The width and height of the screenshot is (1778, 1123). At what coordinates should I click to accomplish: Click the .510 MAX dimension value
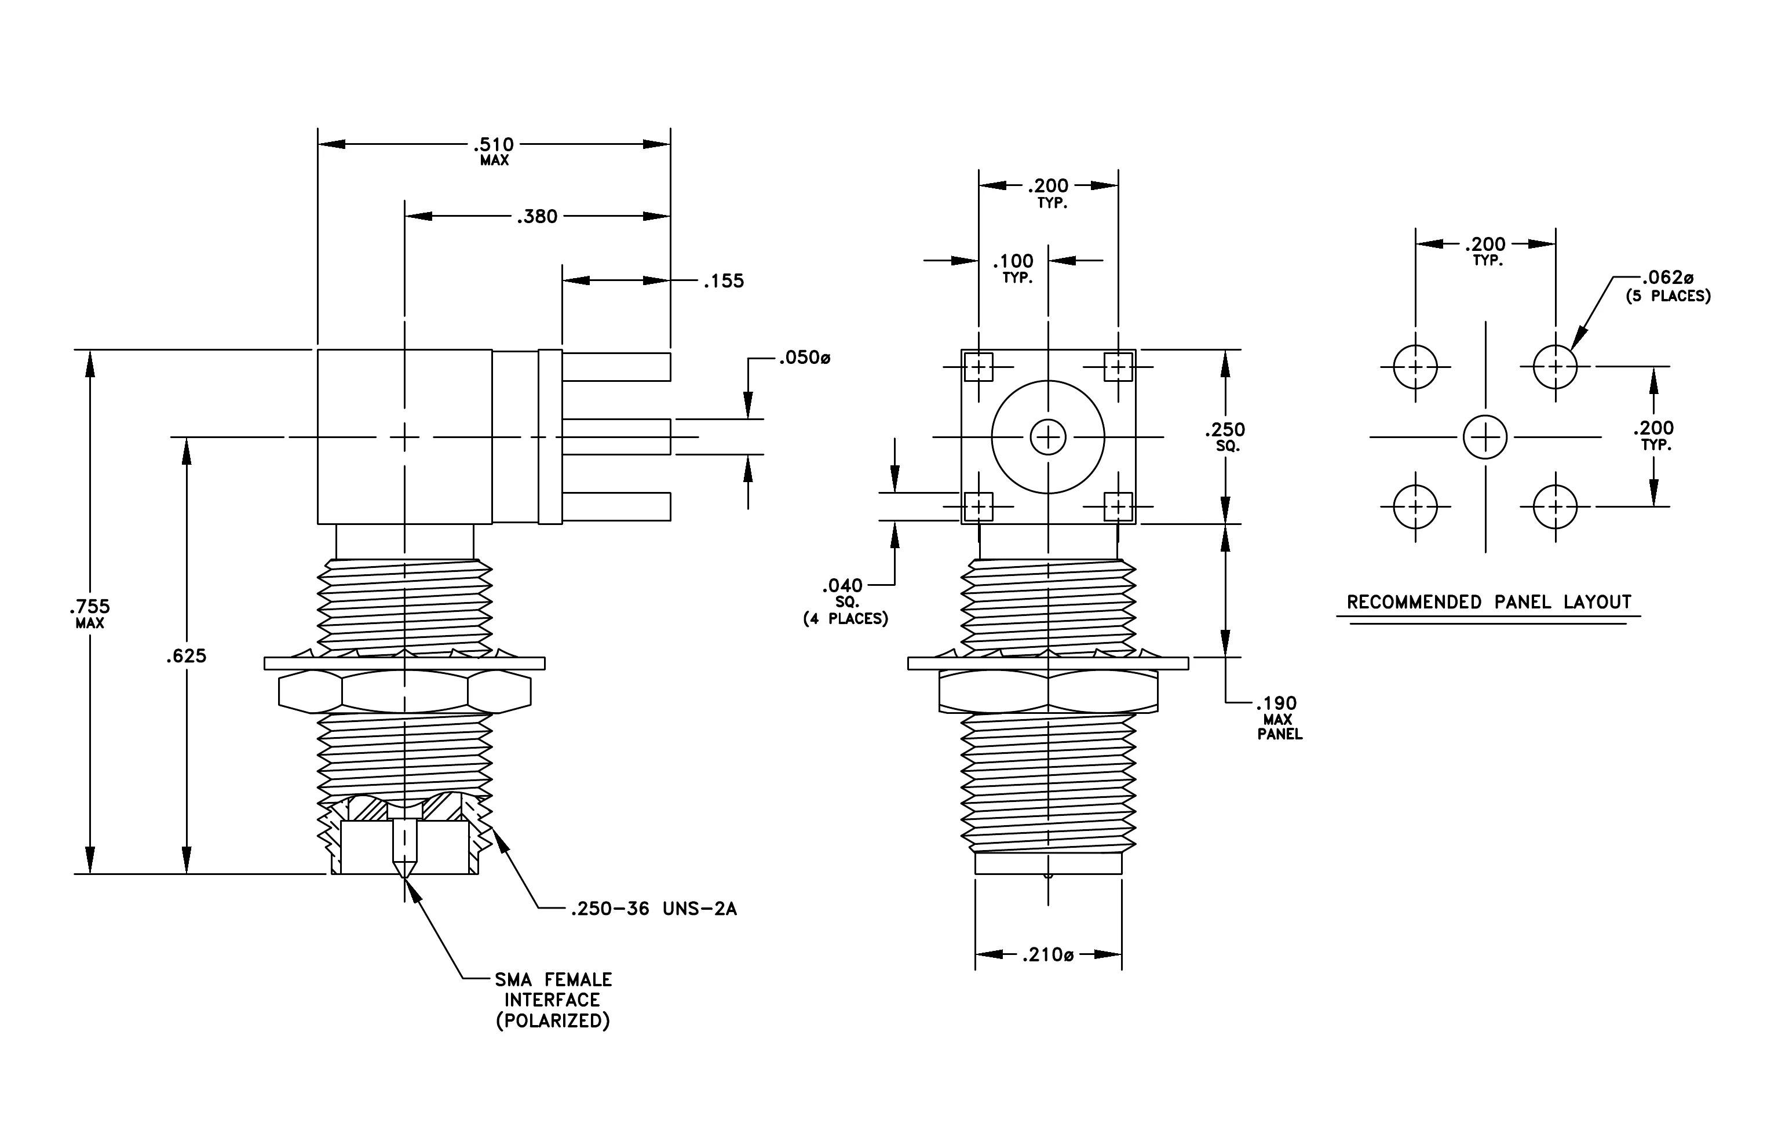494,150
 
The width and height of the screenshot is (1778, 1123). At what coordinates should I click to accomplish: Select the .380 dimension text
537,216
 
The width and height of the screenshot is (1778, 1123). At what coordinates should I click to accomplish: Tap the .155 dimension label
724,280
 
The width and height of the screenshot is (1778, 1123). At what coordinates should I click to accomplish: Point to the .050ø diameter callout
805,358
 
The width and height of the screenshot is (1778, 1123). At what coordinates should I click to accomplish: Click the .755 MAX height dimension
89,613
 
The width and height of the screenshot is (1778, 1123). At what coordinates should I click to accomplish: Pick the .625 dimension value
186,655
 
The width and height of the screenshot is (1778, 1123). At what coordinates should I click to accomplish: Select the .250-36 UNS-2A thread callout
653,908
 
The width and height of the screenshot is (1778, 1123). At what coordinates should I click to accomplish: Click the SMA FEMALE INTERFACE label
553,1000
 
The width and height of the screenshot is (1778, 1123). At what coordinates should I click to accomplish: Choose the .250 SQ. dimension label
1225,436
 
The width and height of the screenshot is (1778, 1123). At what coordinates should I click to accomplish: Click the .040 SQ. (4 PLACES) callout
845,601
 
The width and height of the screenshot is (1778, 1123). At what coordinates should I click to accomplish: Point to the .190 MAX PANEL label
1278,717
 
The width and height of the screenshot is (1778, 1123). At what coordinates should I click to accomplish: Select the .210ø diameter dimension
1048,954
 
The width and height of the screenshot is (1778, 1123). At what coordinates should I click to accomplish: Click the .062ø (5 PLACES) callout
1667,286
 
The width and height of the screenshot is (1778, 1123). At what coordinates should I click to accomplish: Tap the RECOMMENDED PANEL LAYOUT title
1488,601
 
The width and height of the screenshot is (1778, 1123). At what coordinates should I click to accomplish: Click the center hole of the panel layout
1485,437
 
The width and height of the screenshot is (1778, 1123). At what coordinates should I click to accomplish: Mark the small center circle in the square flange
1048,437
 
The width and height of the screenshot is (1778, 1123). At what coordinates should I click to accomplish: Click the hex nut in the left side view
404,692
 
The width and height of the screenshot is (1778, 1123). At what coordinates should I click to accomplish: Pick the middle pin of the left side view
616,437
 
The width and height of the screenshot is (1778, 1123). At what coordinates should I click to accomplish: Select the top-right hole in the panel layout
1555,366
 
